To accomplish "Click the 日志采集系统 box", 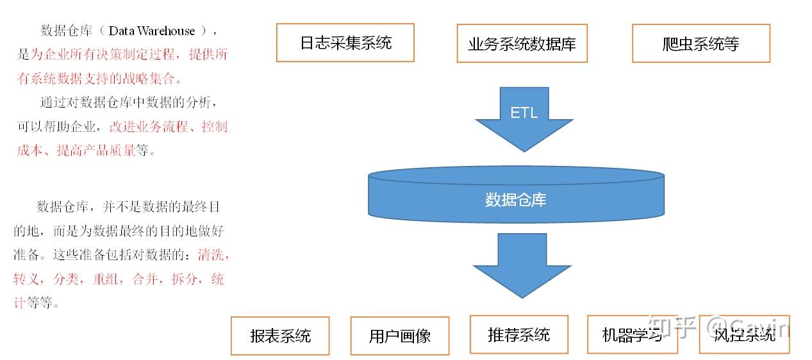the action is pyautogui.click(x=345, y=43).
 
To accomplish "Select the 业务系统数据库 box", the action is pyautogui.click(x=522, y=44).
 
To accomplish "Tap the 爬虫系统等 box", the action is pyautogui.click(x=701, y=44).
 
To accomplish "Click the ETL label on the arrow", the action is pyautogui.click(x=524, y=113).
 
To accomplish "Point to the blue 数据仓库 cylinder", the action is pyautogui.click(x=516, y=195).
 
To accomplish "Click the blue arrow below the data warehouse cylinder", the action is pyautogui.click(x=522, y=265).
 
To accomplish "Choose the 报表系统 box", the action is pyautogui.click(x=280, y=336).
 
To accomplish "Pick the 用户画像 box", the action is pyautogui.click(x=400, y=336).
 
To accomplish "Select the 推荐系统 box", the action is pyautogui.click(x=518, y=334).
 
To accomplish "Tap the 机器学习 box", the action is pyautogui.click(x=633, y=334).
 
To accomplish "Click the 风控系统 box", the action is pyautogui.click(x=744, y=334).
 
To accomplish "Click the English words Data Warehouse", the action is pyautogui.click(x=151, y=31).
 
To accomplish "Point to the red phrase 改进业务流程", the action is pyautogui.click(x=149, y=126).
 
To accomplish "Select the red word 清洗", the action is pyautogui.click(x=211, y=255).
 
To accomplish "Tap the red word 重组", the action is pyautogui.click(x=106, y=279).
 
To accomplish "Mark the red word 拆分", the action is pyautogui.click(x=185, y=279).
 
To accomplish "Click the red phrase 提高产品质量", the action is pyautogui.click(x=96, y=151).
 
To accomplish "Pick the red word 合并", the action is pyautogui.click(x=145, y=279).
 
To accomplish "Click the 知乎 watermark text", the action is pyautogui.click(x=672, y=327).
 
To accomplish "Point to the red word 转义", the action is pyautogui.click(x=26, y=279).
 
